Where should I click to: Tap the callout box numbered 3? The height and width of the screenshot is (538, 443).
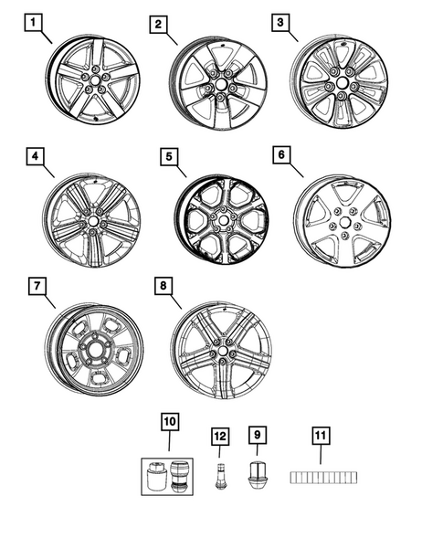pyautogui.click(x=280, y=21)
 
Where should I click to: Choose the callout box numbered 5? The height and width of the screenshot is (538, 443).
pyautogui.click(x=167, y=156)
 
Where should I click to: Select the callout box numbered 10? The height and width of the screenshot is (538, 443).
pyautogui.click(x=170, y=421)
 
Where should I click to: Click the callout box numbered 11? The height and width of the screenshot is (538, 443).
pyautogui.click(x=322, y=436)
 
